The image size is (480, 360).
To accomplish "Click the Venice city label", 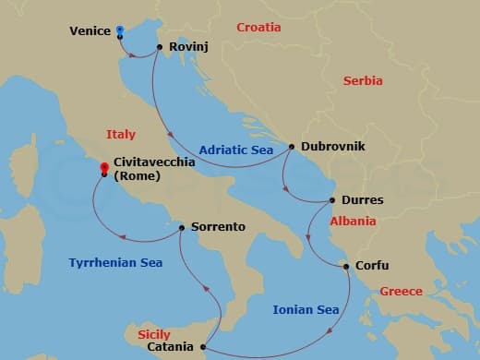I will pos(90,31).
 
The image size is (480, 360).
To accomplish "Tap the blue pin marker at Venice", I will pos(121,30).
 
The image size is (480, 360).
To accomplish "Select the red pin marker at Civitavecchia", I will pos(104,168).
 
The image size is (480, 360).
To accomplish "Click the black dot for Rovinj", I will pos(160,47).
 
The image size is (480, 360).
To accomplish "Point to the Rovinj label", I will pos(187,47).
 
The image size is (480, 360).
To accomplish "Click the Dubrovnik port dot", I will pos(292,146).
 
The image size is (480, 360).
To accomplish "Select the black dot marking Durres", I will pos(333,200).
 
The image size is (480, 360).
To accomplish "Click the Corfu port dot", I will pos(346,268).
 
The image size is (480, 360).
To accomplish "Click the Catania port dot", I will pos(202,347).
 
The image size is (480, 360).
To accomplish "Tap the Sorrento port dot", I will pos(182,226).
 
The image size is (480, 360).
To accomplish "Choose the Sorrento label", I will pos(218,226).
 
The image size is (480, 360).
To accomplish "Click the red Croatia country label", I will pos(258,28).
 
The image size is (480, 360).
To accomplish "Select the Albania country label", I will pos(353,222).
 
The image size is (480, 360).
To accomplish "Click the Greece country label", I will pos(402,293).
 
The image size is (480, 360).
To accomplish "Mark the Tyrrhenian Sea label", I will pos(115,263).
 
